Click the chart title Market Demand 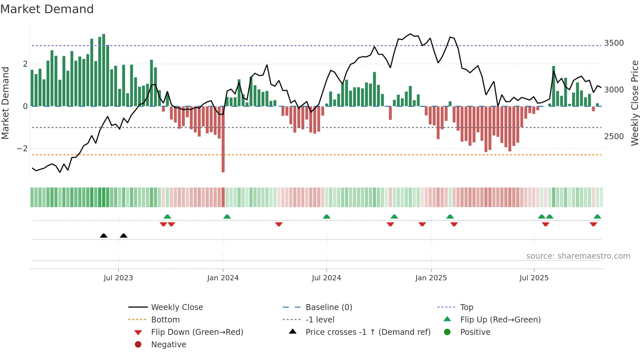[47, 9]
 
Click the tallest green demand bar [104, 70]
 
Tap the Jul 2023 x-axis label [118, 278]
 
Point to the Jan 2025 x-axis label [431, 278]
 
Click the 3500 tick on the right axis [614, 43]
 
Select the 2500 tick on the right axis [614, 137]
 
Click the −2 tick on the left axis [22, 149]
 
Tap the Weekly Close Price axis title [634, 103]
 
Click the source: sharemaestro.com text [578, 256]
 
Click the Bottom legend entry [165, 320]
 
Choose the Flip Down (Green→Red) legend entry [197, 332]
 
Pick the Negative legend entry [168, 345]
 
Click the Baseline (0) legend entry [329, 307]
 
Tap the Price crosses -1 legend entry [368, 332]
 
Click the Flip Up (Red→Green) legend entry [500, 320]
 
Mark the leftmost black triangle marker [104, 236]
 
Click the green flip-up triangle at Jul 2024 [327, 217]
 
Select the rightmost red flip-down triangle [593, 224]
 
